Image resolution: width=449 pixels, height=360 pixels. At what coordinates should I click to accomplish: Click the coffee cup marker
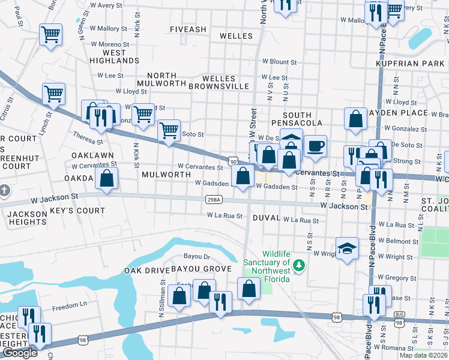(316, 146)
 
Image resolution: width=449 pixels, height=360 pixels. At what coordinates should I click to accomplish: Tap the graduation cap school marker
(346, 250)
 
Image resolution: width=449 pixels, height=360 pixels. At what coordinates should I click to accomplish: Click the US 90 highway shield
(232, 161)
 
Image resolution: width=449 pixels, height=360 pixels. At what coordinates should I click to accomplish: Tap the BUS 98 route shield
(399, 314)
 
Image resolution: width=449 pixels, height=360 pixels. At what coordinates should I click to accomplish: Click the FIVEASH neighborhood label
(188, 29)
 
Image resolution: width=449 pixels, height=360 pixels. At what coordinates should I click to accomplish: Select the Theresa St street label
(88, 138)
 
